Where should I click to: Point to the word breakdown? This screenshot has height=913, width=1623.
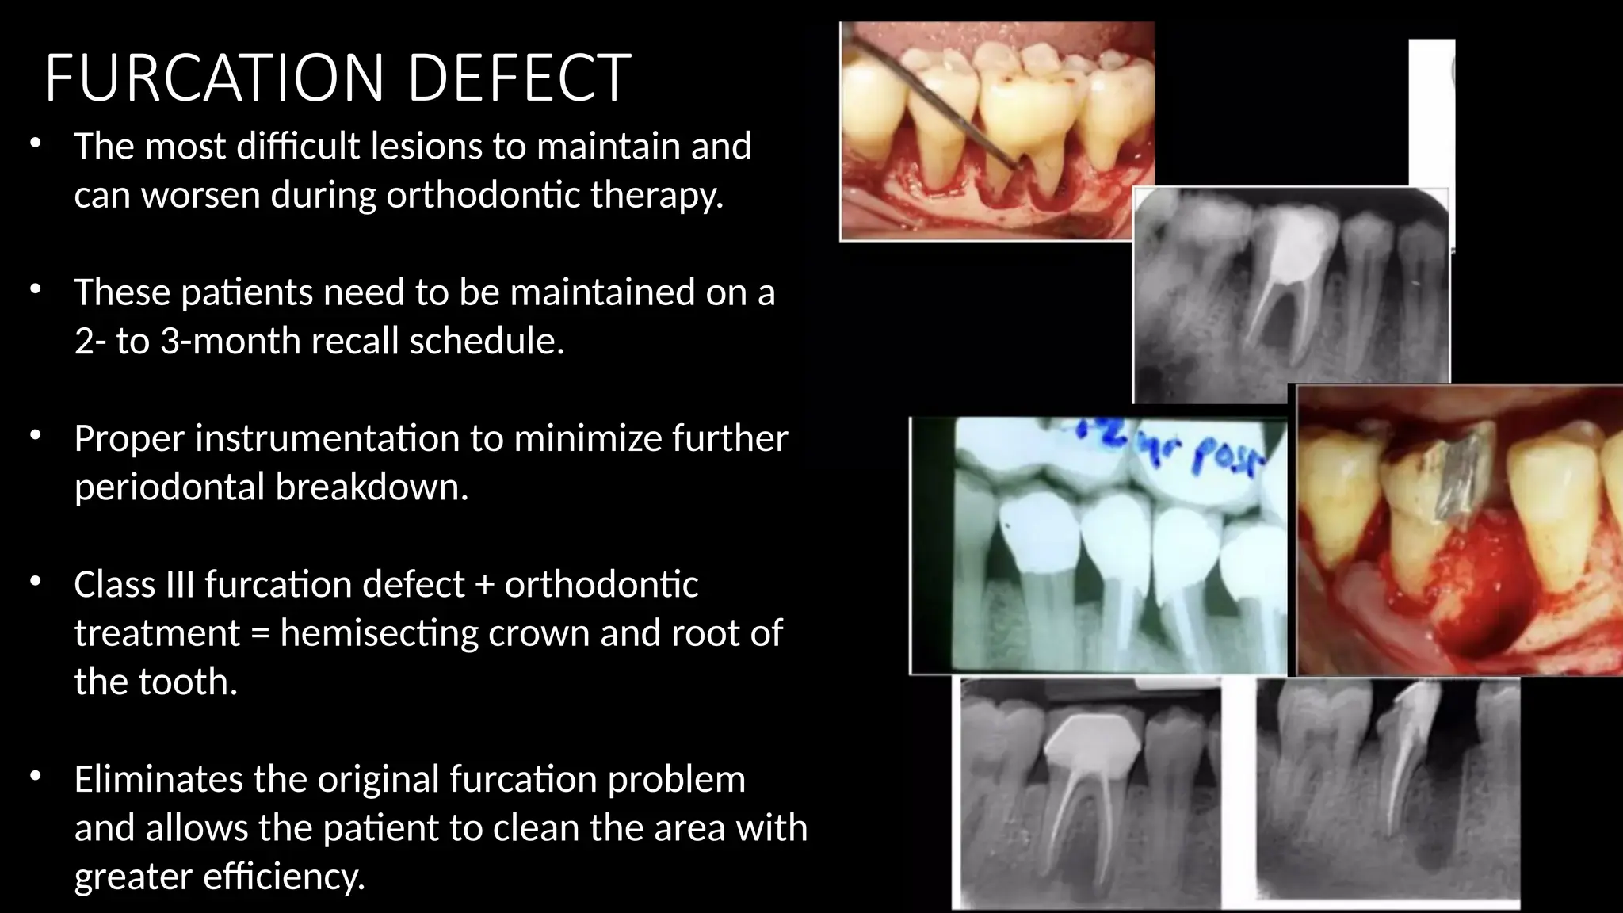tap(372, 487)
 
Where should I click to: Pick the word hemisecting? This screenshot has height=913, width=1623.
tap(379, 633)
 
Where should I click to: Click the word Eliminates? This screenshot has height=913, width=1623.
tap(158, 779)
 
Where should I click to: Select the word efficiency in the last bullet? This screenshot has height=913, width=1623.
tap(282, 877)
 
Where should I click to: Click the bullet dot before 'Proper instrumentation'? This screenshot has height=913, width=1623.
tap(35, 435)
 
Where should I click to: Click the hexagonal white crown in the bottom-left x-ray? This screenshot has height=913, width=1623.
tap(1093, 743)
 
